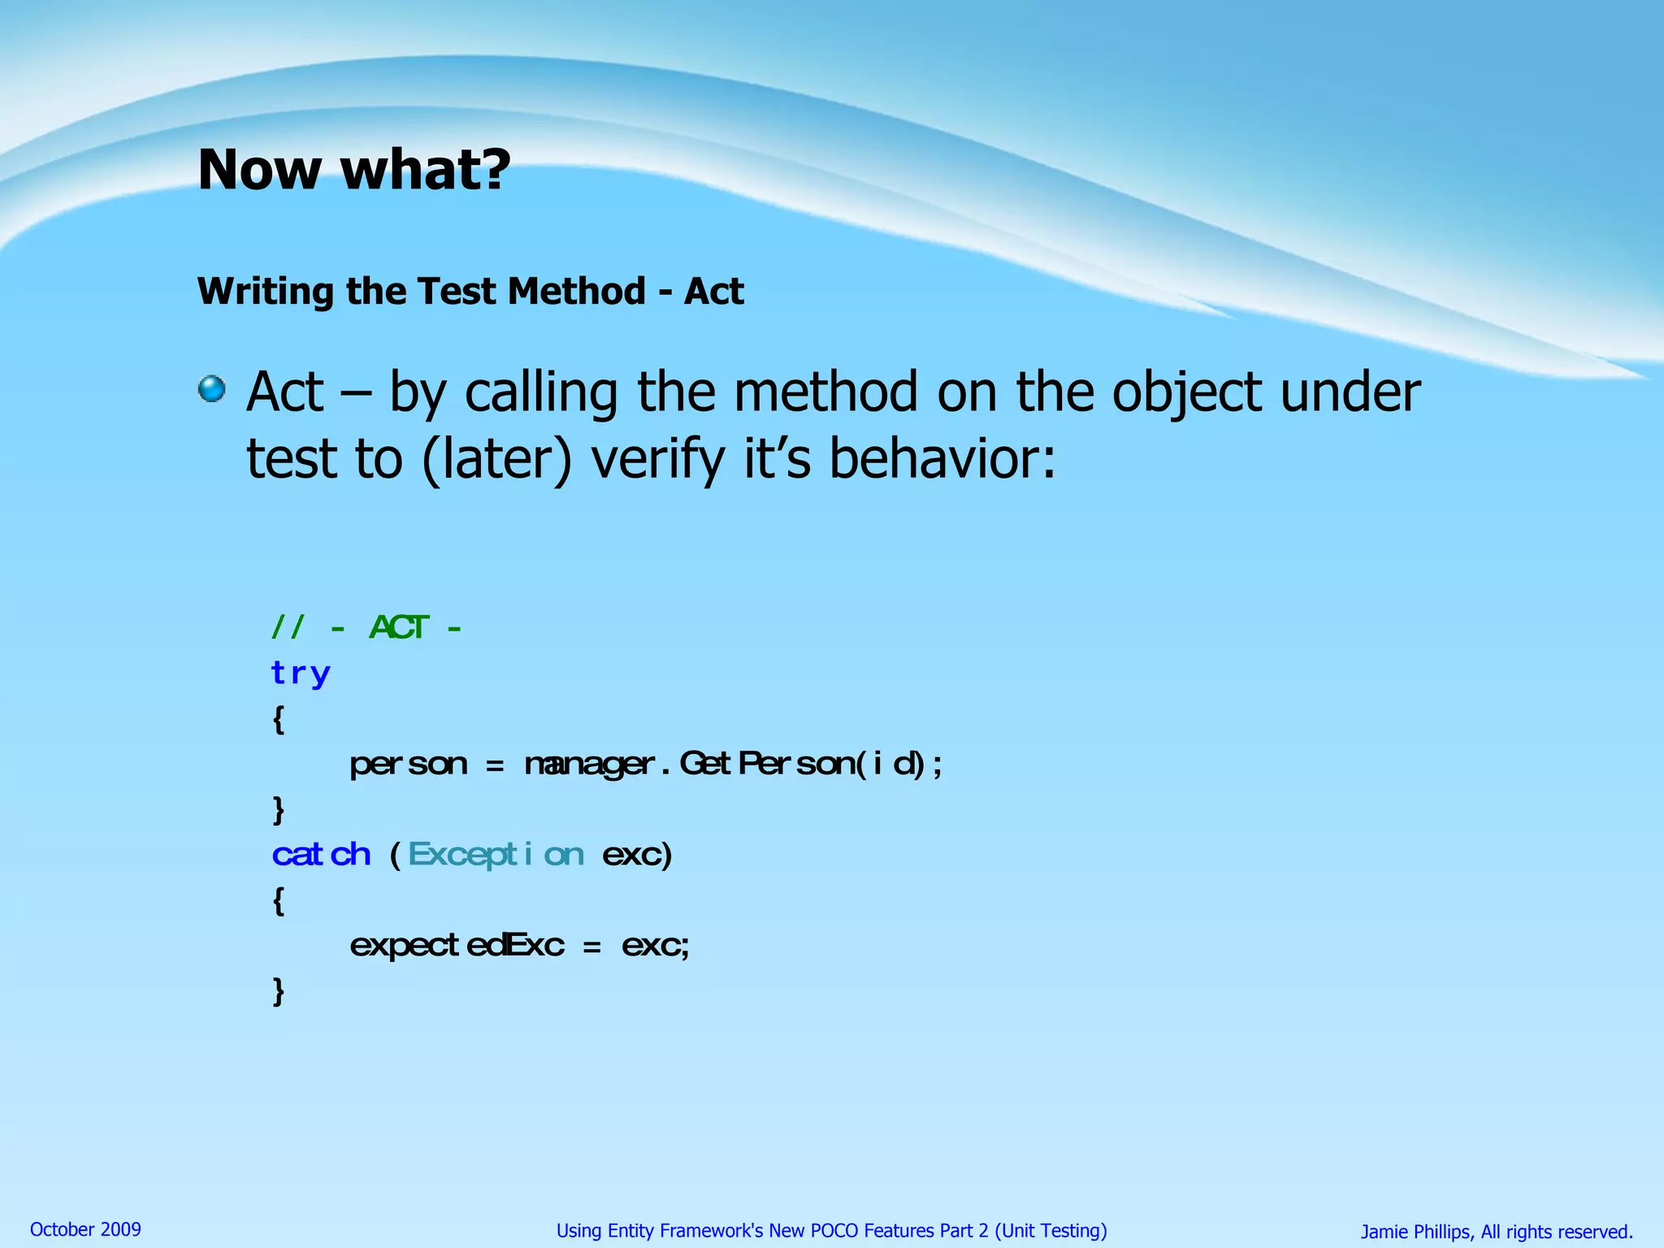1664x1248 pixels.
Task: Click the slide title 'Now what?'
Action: click(354, 170)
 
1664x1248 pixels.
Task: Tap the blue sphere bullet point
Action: click(212, 388)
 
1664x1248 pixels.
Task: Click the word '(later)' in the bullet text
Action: click(496, 460)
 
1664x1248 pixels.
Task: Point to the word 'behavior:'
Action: click(942, 458)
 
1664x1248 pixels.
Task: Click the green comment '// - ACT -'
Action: click(366, 627)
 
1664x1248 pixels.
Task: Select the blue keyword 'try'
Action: click(301, 674)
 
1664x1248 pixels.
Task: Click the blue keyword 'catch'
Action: click(321, 855)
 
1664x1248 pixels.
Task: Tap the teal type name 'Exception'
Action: click(496, 855)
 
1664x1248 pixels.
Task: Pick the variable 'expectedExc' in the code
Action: click(457, 945)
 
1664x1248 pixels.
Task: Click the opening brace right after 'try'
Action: click(279, 719)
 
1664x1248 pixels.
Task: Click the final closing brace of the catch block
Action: click(279, 991)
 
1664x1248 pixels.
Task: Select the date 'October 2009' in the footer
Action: click(85, 1229)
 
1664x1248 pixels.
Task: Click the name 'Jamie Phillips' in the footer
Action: click(1415, 1232)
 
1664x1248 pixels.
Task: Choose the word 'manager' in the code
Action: click(589, 765)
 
